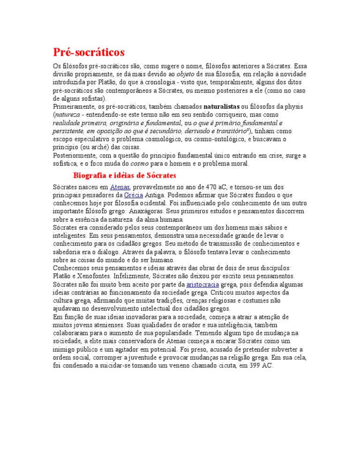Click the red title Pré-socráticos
coord(89,51)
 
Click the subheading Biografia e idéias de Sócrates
coord(124,175)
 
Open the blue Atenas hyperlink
coord(119,187)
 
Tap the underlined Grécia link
coord(134,195)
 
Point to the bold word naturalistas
coord(222,107)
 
